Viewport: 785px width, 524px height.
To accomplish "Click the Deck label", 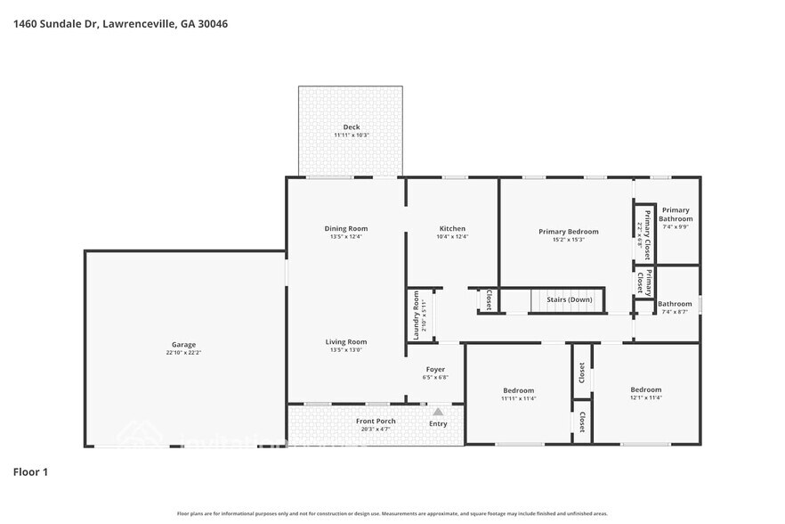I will point(352,127).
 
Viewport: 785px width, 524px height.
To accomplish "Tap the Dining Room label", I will point(345,229).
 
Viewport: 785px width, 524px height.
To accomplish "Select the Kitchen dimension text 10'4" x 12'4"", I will point(452,237).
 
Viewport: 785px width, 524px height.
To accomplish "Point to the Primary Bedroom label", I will point(568,232).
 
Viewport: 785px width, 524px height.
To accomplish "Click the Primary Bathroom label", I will point(675,215).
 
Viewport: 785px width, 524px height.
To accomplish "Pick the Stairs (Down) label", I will point(569,299).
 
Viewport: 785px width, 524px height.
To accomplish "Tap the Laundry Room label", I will point(416,315).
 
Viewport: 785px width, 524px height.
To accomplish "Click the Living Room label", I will point(345,341).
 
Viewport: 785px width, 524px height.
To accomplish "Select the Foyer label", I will point(435,369).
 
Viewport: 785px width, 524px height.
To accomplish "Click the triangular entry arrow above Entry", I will point(438,412).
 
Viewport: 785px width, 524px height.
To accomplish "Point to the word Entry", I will point(438,423).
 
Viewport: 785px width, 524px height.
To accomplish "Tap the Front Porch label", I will point(376,421).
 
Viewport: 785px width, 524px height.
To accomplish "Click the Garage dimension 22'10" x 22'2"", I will point(183,353).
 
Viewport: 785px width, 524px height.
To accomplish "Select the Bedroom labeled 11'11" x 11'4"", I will point(519,390).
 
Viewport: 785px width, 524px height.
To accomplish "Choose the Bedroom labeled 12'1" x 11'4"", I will point(646,389).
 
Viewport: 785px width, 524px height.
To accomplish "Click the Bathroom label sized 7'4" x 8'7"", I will point(675,304).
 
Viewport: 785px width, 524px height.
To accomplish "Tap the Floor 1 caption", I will point(30,471).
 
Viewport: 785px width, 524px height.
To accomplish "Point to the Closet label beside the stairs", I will point(489,300).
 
